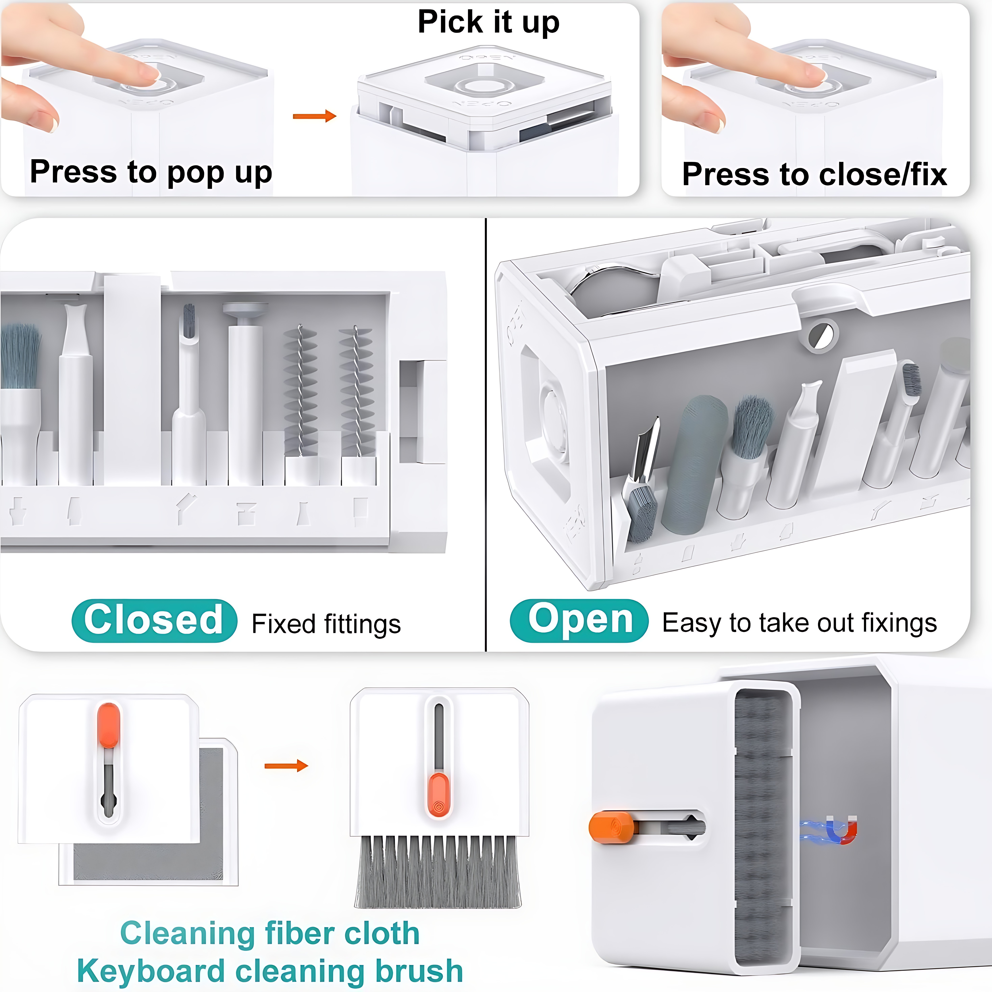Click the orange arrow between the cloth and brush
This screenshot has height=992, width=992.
coord(286,766)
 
